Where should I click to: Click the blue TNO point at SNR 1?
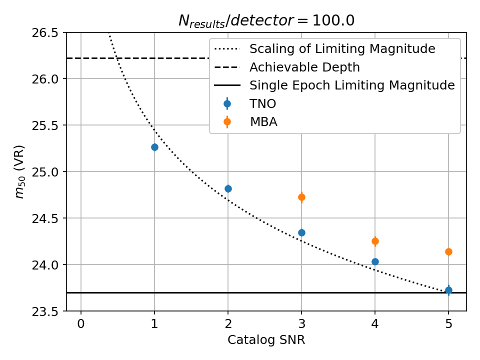[154, 147]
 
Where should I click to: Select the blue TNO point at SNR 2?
[228, 188]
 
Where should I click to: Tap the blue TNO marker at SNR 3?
[301, 232]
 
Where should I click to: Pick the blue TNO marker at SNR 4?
[375, 261]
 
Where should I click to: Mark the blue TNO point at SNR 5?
[448, 290]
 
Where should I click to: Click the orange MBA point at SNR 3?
[301, 197]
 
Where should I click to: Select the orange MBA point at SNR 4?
[375, 241]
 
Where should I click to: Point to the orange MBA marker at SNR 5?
[448, 251]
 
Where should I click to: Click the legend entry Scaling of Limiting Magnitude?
[342, 49]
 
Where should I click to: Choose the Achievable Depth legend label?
[304, 67]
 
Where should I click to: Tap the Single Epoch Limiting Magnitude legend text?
[352, 85]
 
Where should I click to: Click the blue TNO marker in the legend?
[227, 103]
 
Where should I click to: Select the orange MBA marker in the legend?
[227, 121]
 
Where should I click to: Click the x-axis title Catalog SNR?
[266, 340]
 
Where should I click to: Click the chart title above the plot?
[266, 20]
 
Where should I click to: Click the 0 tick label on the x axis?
[81, 323]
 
